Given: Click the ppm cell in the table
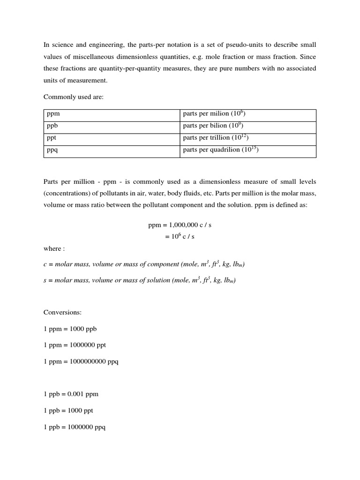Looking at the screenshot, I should click(x=112, y=114).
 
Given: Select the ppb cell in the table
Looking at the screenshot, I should click(x=112, y=126).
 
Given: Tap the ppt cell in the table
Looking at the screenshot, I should click(x=112, y=138).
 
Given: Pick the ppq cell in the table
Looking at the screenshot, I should click(x=112, y=150).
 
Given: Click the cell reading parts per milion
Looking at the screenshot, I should click(x=248, y=114).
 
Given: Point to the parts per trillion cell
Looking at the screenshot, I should click(x=248, y=138).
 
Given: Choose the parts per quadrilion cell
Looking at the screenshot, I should click(x=248, y=150).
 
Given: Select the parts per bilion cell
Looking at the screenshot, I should click(x=248, y=126).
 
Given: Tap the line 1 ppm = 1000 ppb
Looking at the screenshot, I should click(x=70, y=329).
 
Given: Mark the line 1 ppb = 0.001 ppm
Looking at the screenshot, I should click(x=71, y=394).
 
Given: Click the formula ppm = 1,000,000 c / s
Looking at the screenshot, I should click(x=180, y=225).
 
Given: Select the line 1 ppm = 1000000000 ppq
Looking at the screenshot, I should click(x=81, y=361).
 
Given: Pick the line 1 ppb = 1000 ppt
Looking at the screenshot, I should click(x=68, y=411).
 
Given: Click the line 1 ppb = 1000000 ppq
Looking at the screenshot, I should click(x=75, y=427).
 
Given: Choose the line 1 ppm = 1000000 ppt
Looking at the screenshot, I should click(x=75, y=345).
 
